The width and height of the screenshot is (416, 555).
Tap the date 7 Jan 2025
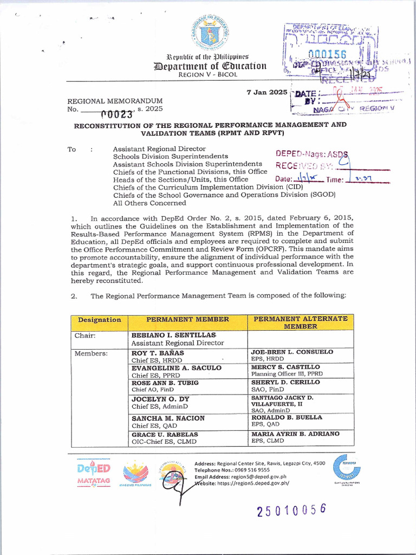267,92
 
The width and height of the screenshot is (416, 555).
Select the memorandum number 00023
117,114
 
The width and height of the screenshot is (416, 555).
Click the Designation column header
99,320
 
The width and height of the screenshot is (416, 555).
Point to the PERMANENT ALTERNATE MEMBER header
300,322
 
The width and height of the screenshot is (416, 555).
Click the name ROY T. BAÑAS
158,353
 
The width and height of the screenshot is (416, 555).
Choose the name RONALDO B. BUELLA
287,418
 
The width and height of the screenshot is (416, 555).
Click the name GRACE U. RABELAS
165,435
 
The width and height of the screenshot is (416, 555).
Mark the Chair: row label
85,335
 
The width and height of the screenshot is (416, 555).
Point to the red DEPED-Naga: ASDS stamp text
314,154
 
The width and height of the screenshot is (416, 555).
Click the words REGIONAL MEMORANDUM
114,101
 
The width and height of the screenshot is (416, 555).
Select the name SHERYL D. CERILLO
285,382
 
